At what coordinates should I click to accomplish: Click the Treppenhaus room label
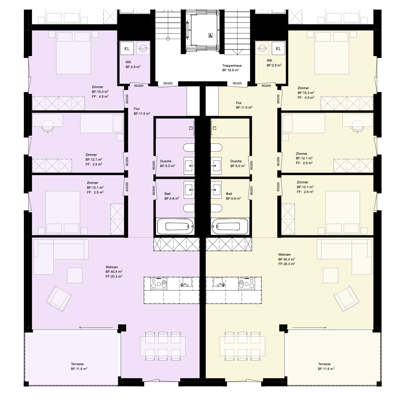tap(232, 66)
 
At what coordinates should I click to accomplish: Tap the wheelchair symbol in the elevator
tap(210, 35)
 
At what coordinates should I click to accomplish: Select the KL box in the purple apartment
tap(127, 48)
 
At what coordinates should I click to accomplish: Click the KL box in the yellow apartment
tap(278, 48)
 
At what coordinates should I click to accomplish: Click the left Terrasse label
tap(77, 364)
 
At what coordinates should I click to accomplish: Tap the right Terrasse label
tap(324, 364)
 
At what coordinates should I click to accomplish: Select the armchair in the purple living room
tap(59, 298)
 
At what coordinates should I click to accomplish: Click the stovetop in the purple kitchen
tap(159, 283)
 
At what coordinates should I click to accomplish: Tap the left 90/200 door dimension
tap(168, 83)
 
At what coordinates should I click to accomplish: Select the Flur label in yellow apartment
tap(239, 103)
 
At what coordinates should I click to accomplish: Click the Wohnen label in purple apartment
tap(112, 267)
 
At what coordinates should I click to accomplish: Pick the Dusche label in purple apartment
tap(166, 161)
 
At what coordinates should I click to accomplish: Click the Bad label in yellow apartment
tap(229, 194)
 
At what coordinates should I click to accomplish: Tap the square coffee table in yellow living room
tap(330, 275)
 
